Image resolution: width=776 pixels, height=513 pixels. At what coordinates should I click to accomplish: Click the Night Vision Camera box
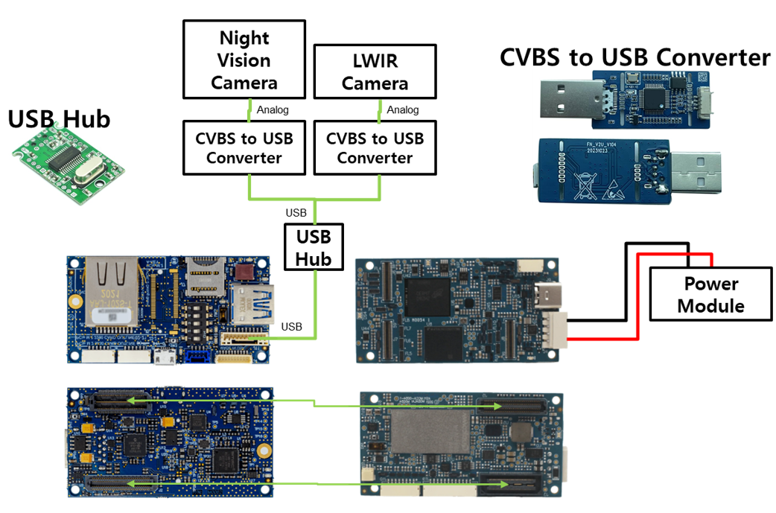(244, 60)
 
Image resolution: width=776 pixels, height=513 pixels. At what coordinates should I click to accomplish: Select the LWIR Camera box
(375, 72)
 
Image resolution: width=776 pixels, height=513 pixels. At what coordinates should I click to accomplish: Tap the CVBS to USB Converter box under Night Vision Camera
(244, 148)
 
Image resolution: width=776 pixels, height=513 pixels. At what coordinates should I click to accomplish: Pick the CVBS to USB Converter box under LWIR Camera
(375, 148)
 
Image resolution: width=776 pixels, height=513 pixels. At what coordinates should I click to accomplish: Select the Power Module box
(710, 295)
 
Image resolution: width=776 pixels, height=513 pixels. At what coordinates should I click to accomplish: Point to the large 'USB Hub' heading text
(59, 118)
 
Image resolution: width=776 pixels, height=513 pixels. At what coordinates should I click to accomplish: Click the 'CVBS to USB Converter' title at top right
(635, 57)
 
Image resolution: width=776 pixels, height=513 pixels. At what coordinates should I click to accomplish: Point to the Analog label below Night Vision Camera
(273, 110)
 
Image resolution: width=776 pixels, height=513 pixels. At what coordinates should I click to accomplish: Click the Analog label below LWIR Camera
(403, 110)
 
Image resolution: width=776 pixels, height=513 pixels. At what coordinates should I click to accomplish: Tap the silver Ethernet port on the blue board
(112, 291)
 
